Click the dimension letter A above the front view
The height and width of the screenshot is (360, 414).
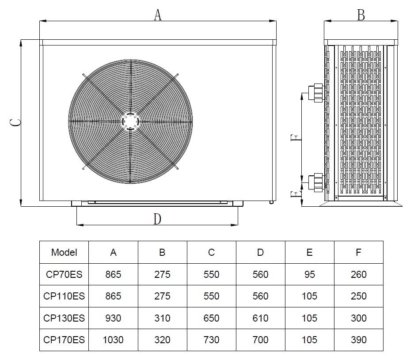[158, 15]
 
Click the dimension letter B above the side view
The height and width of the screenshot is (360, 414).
[361, 15]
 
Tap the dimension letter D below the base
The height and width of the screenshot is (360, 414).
[157, 219]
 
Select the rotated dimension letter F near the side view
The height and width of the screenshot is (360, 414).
[296, 137]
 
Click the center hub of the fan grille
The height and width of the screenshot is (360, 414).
[130, 121]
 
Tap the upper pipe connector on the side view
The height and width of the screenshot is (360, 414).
[316, 92]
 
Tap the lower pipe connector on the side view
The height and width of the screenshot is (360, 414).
[316, 182]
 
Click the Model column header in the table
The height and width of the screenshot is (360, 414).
[64, 252]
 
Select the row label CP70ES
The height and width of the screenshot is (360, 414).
[64, 274]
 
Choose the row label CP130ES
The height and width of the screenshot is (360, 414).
[64, 318]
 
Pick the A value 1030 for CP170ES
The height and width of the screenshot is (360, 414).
[113, 340]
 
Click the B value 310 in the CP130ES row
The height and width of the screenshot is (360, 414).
[162, 318]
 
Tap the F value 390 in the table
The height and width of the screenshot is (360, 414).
[359, 340]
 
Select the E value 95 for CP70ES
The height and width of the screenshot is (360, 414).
[309, 274]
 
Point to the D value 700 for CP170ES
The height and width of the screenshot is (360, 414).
[260, 340]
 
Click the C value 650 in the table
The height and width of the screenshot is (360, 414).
[211, 318]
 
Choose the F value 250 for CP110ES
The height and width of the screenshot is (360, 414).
[359, 296]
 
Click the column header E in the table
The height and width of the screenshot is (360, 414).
[309, 252]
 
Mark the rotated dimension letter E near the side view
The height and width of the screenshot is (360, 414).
[296, 194]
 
